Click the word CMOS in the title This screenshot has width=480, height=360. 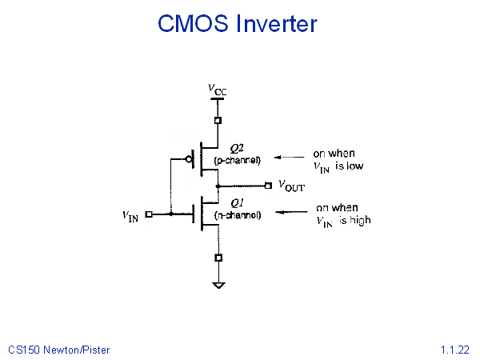193,23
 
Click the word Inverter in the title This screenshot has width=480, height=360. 277,23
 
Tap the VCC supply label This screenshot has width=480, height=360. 218,90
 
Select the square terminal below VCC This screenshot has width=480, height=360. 218,120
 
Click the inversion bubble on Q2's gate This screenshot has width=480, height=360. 189,159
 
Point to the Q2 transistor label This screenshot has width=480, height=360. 237,149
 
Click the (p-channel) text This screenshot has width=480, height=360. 238,161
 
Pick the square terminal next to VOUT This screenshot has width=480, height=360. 268,186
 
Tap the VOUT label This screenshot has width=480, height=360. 291,186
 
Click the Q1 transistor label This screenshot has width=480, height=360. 237,203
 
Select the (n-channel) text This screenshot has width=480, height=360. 238,215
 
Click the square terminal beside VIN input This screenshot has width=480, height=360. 149,214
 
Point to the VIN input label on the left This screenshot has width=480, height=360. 130,216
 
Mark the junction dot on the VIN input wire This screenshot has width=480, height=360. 171,214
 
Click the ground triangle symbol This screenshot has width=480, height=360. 218,286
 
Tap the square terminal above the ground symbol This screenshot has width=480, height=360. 218,258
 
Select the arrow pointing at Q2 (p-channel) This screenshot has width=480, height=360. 290,158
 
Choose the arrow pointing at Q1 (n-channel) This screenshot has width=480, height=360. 291,212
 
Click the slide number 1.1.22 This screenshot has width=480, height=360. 454,350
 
